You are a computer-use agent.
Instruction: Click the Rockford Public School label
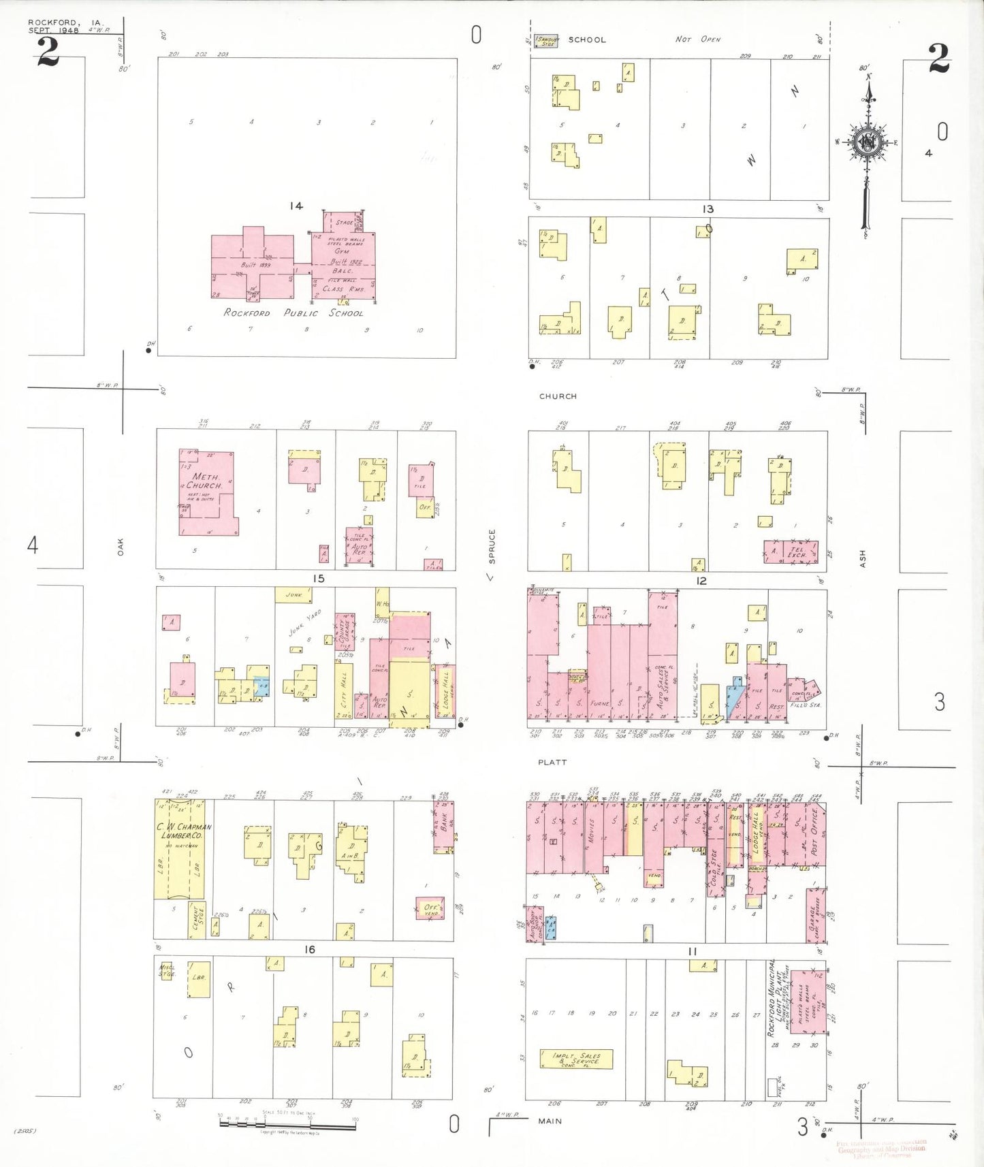[293, 313]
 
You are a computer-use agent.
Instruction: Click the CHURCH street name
[558, 396]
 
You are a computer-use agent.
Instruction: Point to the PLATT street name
[552, 763]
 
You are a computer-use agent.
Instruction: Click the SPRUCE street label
[492, 546]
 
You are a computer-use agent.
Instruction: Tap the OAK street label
[121, 546]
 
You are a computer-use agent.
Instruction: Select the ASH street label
[863, 559]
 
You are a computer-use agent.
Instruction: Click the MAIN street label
[550, 1121]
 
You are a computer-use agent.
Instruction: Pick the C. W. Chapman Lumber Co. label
[184, 831]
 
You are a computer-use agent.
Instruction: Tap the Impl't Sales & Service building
[576, 1059]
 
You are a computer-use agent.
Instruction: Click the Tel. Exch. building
[797, 552]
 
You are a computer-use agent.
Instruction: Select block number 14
[296, 206]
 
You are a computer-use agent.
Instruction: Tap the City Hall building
[343, 689]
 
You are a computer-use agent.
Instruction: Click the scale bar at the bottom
[287, 1124]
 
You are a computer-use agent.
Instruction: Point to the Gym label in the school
[341, 251]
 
